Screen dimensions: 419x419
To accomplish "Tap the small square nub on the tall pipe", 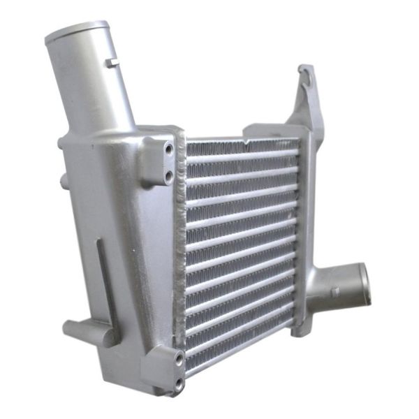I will (111, 63).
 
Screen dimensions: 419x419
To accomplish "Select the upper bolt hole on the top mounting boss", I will (169, 149).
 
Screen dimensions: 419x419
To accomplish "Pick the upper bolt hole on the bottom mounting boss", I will (179, 358).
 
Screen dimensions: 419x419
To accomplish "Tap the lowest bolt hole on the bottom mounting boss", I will (179, 382).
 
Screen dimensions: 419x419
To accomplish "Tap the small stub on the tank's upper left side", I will (64, 181).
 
